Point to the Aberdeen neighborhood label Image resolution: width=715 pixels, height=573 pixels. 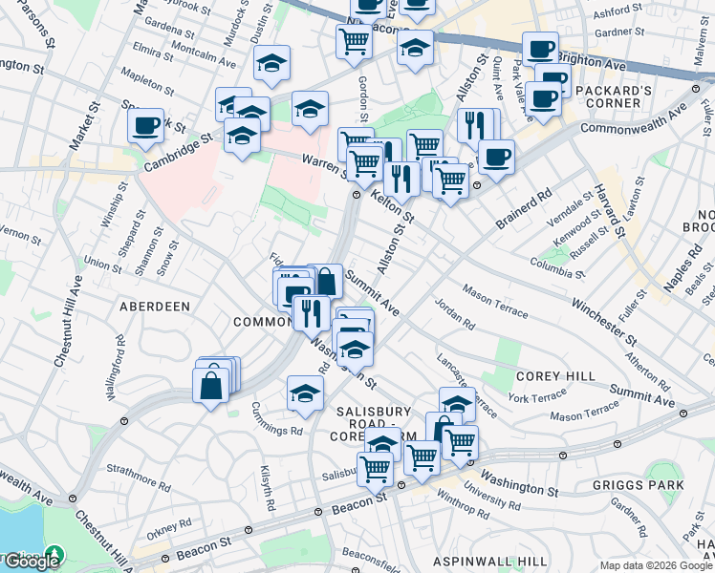coord(154,306)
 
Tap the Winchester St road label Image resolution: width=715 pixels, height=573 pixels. coord(604,321)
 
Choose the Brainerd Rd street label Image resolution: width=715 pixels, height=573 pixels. coord(524,209)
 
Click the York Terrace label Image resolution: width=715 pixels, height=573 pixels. coord(536,396)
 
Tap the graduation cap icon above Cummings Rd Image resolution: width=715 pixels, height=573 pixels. coord(305,393)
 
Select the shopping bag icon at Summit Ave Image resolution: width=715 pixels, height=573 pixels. coord(325,282)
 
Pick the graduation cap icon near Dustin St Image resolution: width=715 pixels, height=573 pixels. coord(272,64)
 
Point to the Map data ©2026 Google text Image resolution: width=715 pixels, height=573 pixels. coord(656,565)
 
